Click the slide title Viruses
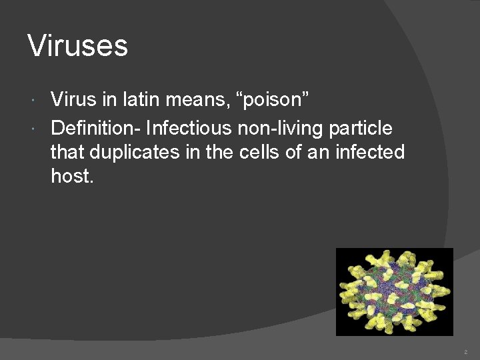tap(77, 46)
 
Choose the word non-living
tap(282, 127)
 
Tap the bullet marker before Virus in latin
tap(34, 101)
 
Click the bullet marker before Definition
tap(34, 127)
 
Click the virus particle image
tap(394, 291)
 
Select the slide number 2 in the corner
tap(465, 351)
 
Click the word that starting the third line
tap(68, 153)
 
